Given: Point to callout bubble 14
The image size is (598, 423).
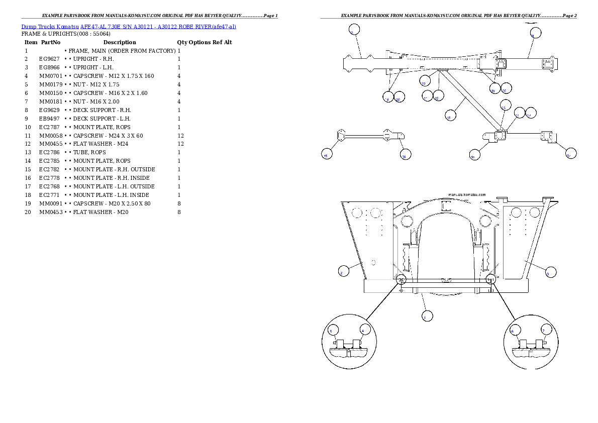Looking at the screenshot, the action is tap(506, 104).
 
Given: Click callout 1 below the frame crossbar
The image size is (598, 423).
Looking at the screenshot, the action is tap(427, 316).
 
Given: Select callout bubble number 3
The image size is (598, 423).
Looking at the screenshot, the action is tap(550, 271).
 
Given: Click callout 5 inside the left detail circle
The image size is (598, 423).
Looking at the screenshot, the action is tap(333, 330).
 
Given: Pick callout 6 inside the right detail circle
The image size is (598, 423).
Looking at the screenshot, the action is tap(515, 330).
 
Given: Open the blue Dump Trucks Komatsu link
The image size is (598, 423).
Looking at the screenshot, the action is tap(129, 26).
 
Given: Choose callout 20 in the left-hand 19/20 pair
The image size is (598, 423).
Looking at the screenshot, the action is tap(400, 97).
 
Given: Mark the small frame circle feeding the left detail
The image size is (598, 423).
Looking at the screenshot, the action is tap(401, 280).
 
